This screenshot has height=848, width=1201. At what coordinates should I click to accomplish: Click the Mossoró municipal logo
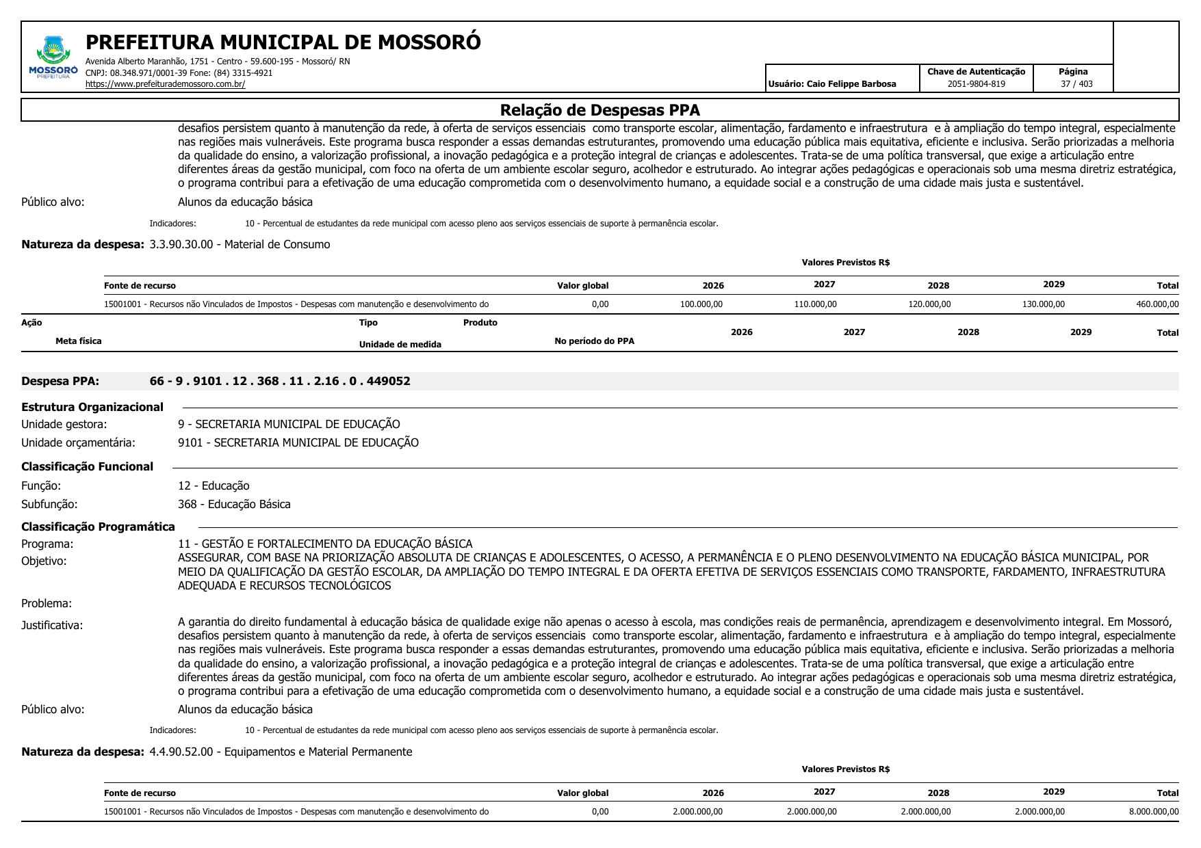(x=53, y=57)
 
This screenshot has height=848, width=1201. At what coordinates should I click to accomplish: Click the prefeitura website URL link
(x=165, y=84)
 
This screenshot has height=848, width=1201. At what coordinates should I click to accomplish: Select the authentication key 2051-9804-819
(x=976, y=84)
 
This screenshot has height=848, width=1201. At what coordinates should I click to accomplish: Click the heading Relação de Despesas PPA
(x=599, y=110)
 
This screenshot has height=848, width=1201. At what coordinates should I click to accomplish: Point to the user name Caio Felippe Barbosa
(x=851, y=84)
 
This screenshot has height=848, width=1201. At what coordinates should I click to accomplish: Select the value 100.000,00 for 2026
(x=701, y=304)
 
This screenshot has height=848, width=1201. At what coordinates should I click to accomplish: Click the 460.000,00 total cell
(x=1157, y=304)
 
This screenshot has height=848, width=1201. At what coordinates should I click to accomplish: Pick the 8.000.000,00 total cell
(x=1154, y=812)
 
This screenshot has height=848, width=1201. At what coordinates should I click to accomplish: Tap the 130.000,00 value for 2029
(x=1043, y=304)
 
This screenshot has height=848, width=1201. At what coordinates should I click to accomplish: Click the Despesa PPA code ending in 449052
(x=280, y=381)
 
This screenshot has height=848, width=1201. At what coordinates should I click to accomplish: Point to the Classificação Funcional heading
(x=87, y=466)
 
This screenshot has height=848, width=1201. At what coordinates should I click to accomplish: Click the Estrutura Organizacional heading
(x=92, y=407)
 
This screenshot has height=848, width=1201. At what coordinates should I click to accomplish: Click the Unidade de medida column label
(x=400, y=344)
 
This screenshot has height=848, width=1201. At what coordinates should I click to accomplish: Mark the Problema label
(x=47, y=603)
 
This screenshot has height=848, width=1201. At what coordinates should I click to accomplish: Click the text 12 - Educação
(x=214, y=486)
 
